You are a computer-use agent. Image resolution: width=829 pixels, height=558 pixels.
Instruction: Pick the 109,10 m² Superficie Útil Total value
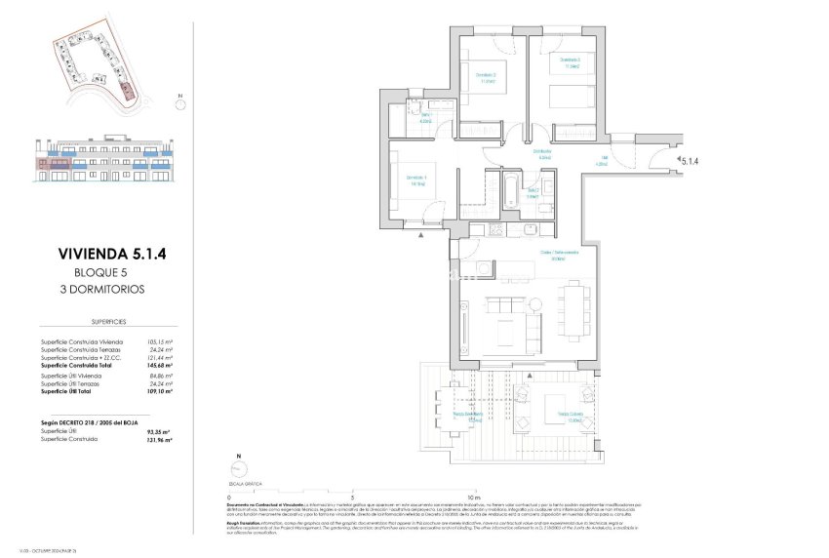(x=158, y=390)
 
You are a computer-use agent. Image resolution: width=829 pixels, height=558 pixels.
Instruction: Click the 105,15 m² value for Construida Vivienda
(x=160, y=341)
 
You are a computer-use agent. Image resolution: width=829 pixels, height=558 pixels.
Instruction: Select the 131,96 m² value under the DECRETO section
(x=158, y=440)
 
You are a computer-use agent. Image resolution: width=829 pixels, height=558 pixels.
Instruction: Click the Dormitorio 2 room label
(x=486, y=77)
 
